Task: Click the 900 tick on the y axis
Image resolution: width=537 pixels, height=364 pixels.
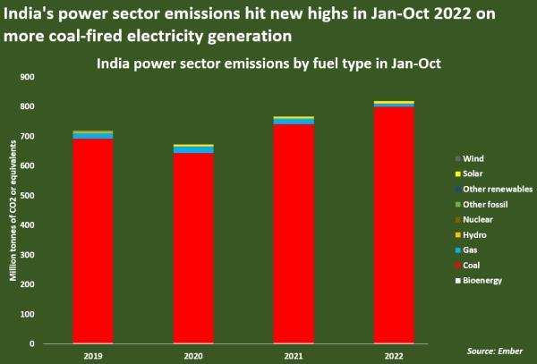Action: [26, 78]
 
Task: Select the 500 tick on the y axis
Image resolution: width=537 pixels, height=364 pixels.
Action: [26, 196]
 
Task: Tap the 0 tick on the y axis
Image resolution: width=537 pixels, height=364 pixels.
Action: [31, 343]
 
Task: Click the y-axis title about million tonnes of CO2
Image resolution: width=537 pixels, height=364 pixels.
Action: [13, 210]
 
